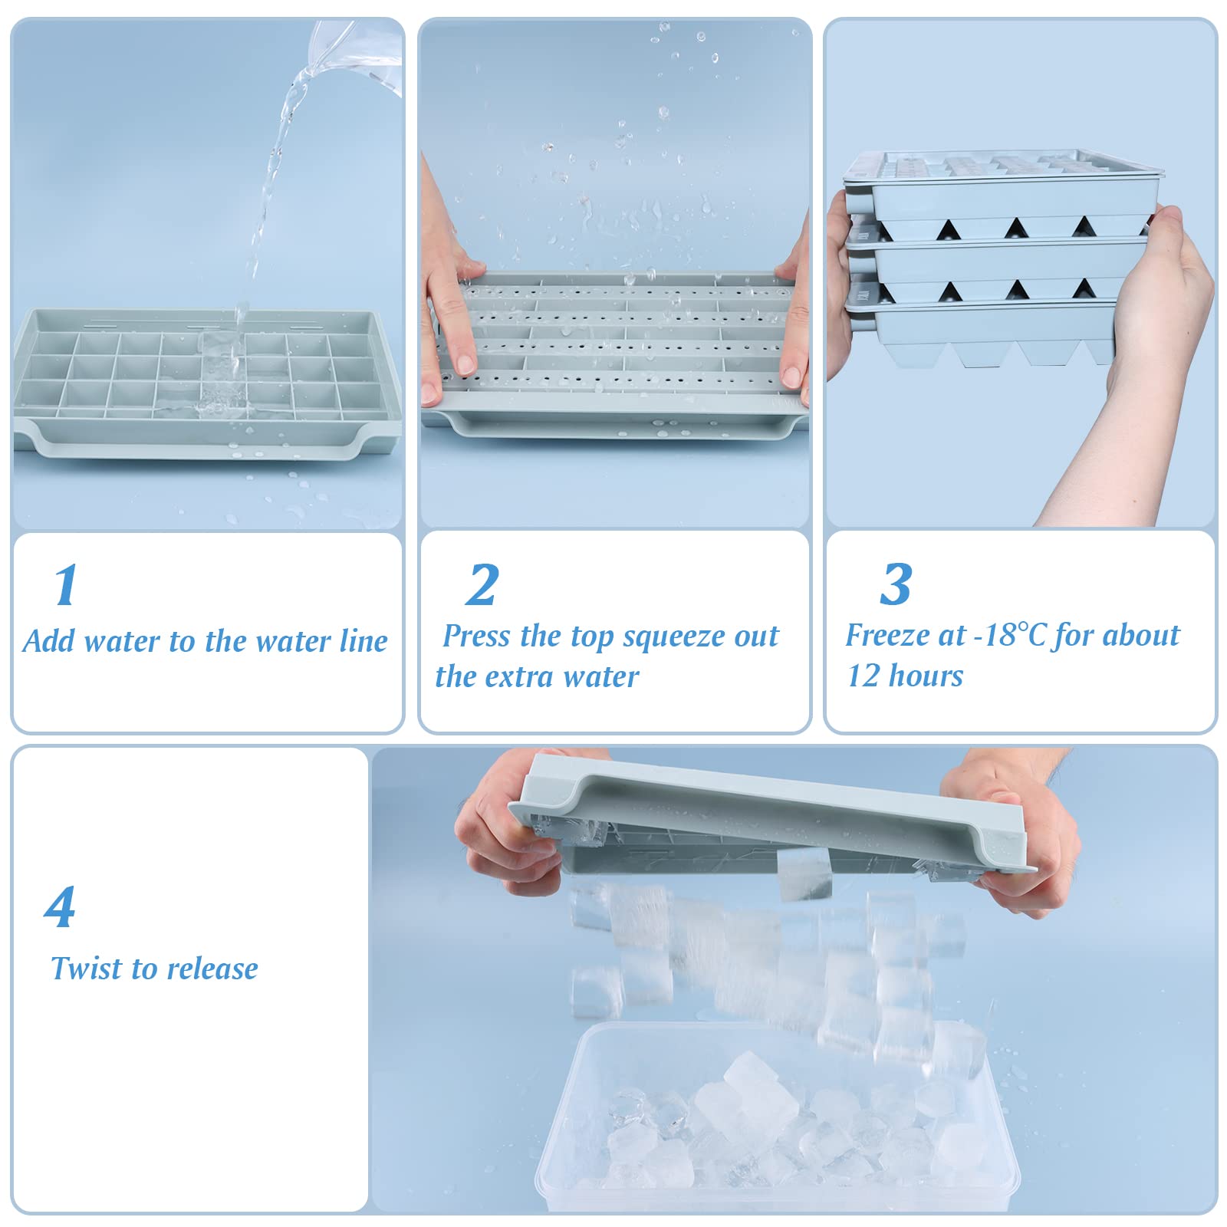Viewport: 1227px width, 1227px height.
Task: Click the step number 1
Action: [66, 585]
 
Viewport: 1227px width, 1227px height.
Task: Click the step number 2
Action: [482, 585]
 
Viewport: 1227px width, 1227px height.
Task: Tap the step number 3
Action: [896, 584]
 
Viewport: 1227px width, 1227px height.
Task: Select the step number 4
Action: [60, 907]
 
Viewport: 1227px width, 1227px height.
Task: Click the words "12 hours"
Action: [905, 676]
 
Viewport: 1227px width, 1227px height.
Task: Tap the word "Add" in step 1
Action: [48, 641]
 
